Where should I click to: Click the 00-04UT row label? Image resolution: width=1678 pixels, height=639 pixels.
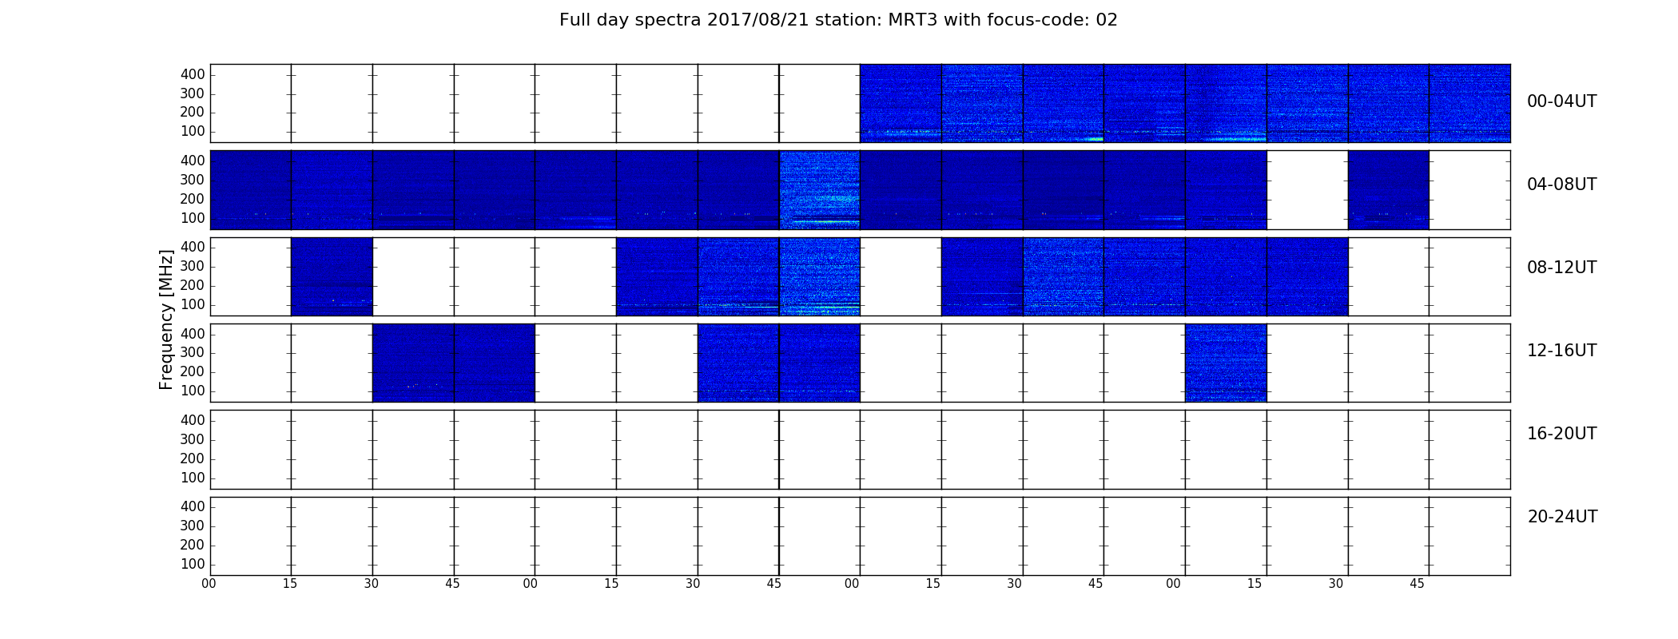point(1561,101)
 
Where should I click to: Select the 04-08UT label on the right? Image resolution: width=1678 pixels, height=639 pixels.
point(1561,185)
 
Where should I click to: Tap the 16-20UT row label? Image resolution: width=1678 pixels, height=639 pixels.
point(1561,434)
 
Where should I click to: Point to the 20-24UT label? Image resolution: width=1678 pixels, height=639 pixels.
point(1562,517)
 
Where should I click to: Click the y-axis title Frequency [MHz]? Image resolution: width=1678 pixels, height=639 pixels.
point(166,319)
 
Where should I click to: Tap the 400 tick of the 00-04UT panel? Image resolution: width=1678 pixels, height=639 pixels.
point(193,74)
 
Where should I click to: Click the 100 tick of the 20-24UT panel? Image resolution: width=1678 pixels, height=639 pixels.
point(193,564)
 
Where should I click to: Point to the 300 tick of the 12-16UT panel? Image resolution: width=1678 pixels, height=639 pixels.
point(193,353)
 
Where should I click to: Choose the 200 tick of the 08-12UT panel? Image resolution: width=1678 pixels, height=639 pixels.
point(193,286)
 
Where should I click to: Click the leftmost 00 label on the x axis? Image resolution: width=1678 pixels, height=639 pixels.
point(209,584)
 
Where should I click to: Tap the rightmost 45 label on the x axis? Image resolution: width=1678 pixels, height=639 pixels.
point(1417,584)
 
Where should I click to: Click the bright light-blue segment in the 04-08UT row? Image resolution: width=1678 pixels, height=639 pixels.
point(820,190)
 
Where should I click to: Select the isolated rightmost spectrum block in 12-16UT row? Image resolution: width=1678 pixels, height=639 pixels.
point(1226,363)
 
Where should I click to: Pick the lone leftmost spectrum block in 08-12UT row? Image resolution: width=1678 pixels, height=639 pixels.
point(332,276)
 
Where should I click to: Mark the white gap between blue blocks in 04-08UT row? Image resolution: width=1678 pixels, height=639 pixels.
point(1307,190)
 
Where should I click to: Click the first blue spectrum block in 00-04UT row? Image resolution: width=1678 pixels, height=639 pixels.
point(901,103)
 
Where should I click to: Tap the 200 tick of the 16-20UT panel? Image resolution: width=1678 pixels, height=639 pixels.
point(193,458)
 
